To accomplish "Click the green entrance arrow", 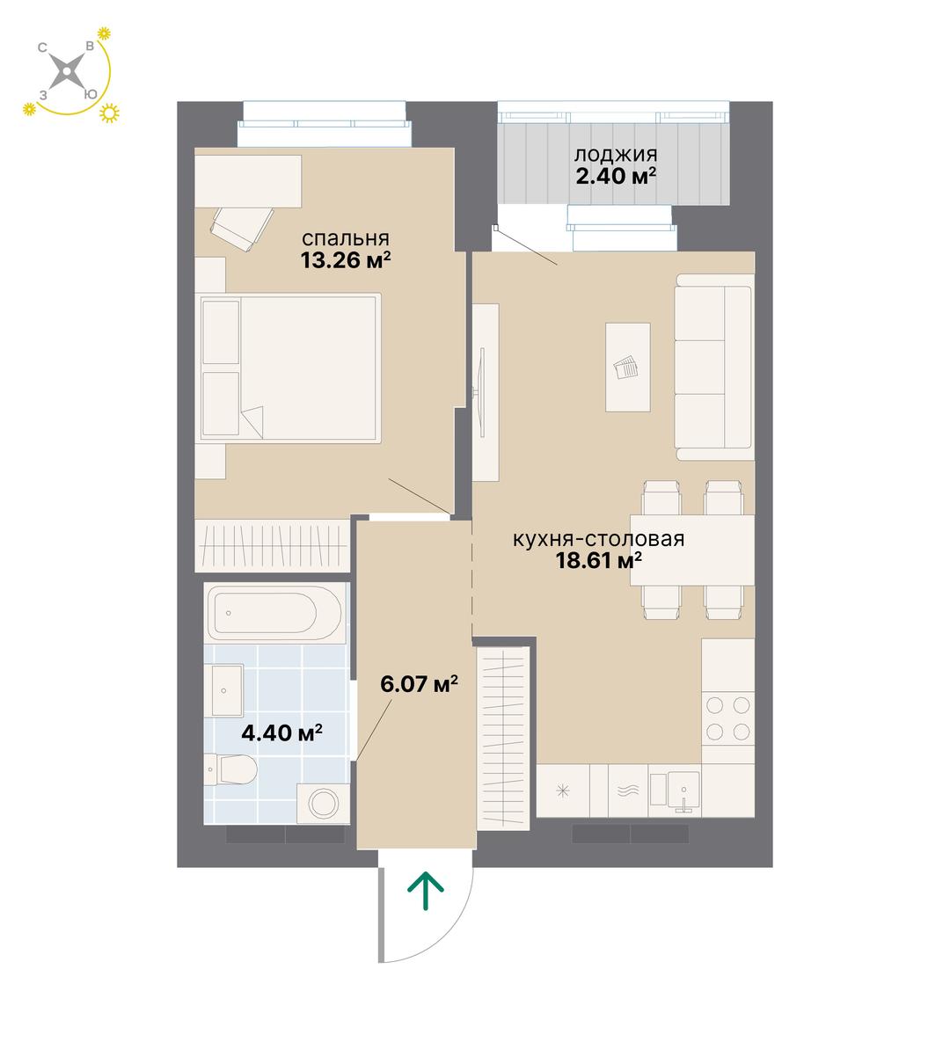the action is [x=426, y=891].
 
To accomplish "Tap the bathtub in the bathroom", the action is [x=274, y=613].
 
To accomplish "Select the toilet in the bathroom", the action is [x=230, y=769].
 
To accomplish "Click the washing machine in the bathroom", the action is [x=323, y=804].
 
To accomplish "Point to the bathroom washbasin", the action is [x=223, y=690].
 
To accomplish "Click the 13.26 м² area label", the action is [x=346, y=260].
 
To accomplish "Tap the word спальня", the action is [x=346, y=239].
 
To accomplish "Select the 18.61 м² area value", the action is [x=599, y=561].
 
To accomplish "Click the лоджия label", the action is [x=615, y=155].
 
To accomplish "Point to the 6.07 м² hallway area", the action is [x=419, y=684].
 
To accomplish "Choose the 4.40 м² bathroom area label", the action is [x=281, y=732].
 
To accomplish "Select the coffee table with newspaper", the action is [x=627, y=367].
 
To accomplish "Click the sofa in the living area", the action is [x=714, y=368].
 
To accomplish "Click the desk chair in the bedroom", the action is [x=241, y=229].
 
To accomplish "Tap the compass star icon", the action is [x=67, y=71].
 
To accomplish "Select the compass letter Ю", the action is [x=91, y=95].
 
